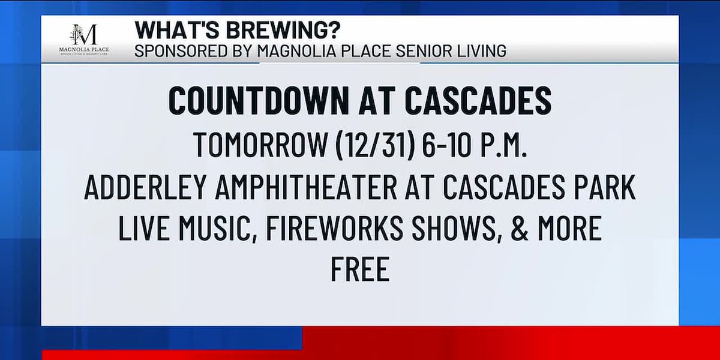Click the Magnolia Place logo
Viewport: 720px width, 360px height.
[x=84, y=40]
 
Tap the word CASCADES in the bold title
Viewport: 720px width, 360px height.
[x=484, y=101]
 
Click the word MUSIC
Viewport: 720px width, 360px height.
[x=215, y=229]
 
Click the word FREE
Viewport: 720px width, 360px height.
[x=359, y=269]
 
